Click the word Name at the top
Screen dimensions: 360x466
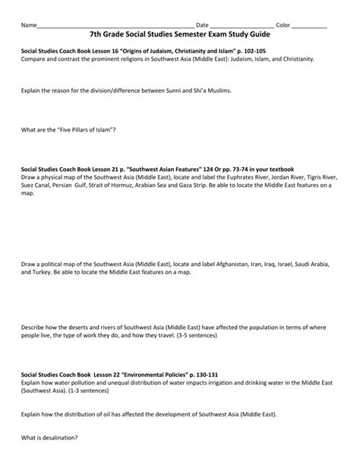28,25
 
